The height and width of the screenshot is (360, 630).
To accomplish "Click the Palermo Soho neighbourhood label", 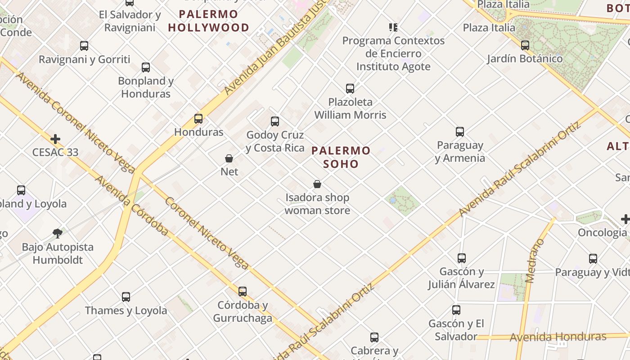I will (x=341, y=157).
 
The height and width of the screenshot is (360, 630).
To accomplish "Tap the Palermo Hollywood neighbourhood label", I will (x=208, y=21).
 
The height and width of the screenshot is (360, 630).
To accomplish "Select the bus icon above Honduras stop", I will (x=198, y=119).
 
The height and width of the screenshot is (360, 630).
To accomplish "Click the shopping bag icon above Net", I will (x=229, y=158).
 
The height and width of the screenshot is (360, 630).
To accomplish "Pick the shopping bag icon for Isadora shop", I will (x=317, y=184).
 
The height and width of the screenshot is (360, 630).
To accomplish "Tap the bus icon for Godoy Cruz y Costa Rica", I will (x=275, y=121).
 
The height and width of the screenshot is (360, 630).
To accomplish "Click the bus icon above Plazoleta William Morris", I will (x=350, y=89).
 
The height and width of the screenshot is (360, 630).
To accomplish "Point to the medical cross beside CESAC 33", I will (x=55, y=139).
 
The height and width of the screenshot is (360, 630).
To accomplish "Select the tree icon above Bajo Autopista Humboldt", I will (x=57, y=233).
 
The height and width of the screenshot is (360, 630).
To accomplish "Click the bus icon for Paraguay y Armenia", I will (x=460, y=132).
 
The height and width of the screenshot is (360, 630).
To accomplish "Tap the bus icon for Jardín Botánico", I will (x=525, y=45).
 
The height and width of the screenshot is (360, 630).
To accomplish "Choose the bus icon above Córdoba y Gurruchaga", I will (x=243, y=292).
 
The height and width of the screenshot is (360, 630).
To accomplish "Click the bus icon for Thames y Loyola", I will (x=126, y=297).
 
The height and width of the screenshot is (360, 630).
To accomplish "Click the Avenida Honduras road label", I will (x=558, y=337).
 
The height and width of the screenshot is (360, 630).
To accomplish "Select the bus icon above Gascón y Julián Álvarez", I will (x=462, y=258).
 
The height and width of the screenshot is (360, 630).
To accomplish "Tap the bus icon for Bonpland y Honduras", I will (x=146, y=67).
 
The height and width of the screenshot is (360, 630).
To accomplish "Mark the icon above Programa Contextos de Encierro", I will (x=393, y=27).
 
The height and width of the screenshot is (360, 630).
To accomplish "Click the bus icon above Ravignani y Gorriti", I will (x=84, y=46).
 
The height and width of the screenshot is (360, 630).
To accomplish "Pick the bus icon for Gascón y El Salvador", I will (x=456, y=310).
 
